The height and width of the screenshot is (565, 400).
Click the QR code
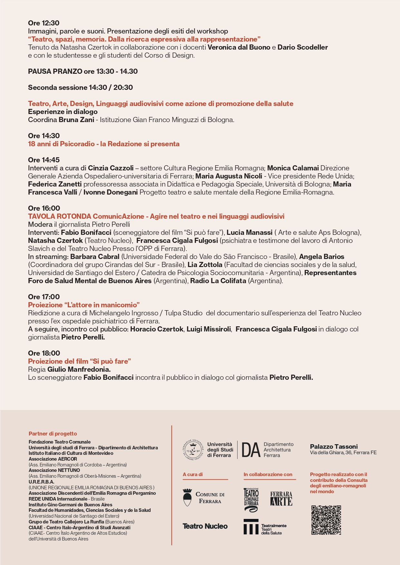[x=326, y=520]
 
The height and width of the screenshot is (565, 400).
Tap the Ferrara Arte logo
[x=281, y=498]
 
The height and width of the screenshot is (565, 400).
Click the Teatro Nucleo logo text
[x=205, y=526]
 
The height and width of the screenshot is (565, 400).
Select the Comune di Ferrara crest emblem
[x=187, y=497]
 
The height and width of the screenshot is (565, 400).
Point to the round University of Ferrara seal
[x=193, y=450]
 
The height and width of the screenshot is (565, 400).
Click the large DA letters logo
[x=251, y=450]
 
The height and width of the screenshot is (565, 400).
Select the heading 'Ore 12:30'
[x=44, y=23]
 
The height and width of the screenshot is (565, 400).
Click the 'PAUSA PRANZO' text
[x=55, y=71]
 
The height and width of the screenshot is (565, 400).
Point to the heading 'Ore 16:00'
[x=44, y=208]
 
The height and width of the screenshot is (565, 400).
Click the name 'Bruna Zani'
[x=76, y=120]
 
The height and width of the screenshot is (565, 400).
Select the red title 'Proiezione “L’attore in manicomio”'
[x=84, y=305]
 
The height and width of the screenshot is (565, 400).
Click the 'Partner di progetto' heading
[x=53, y=434]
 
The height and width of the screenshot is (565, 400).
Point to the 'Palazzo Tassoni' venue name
[x=334, y=446]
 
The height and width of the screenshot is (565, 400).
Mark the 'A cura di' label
[x=193, y=474]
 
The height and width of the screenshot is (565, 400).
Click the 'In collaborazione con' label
[x=268, y=474]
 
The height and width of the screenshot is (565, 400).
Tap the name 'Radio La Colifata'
[x=218, y=281]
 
